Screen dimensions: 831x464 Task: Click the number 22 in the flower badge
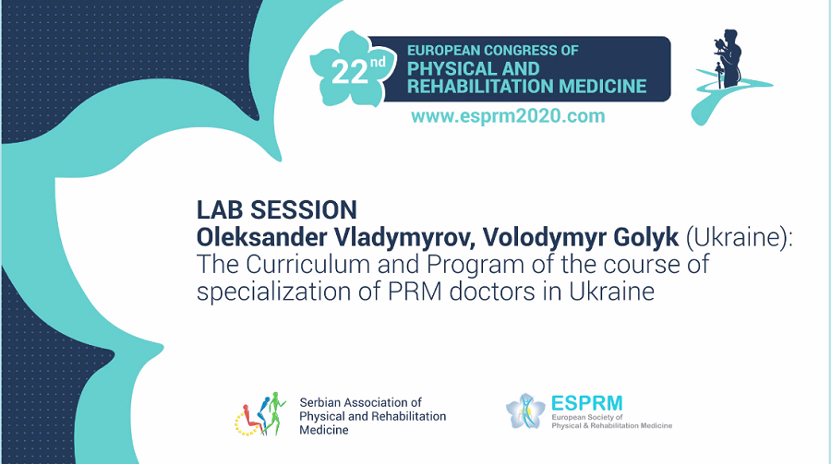click(x=349, y=72)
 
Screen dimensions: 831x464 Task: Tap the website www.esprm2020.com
click(x=508, y=116)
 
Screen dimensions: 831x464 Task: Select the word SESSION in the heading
click(x=304, y=209)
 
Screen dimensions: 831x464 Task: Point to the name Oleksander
click(x=262, y=237)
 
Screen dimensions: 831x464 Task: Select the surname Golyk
click(x=646, y=237)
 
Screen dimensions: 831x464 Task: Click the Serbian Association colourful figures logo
click(x=260, y=414)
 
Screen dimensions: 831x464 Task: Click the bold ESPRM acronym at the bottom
click(x=586, y=404)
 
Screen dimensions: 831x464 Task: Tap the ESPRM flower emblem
click(x=525, y=411)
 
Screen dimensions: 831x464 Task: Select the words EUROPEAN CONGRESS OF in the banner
click(x=492, y=51)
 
